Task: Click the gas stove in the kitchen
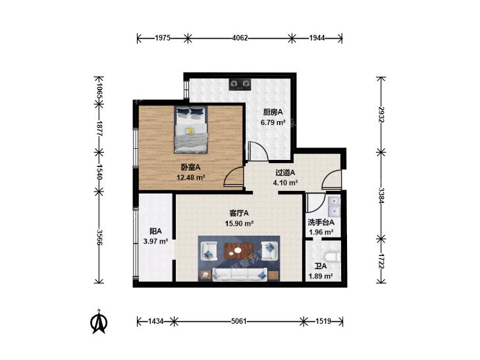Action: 240,84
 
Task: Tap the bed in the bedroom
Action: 190,129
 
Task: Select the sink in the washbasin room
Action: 334,206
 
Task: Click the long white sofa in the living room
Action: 240,274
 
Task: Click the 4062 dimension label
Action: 240,38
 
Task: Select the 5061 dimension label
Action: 239,321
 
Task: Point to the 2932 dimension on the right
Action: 381,115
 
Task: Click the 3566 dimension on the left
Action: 99,237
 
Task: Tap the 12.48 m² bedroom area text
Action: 191,177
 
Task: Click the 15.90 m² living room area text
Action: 239,223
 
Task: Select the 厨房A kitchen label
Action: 273,113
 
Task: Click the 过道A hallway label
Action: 285,172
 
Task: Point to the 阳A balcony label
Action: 155,231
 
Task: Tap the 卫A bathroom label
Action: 321,266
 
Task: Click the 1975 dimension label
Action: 162,38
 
